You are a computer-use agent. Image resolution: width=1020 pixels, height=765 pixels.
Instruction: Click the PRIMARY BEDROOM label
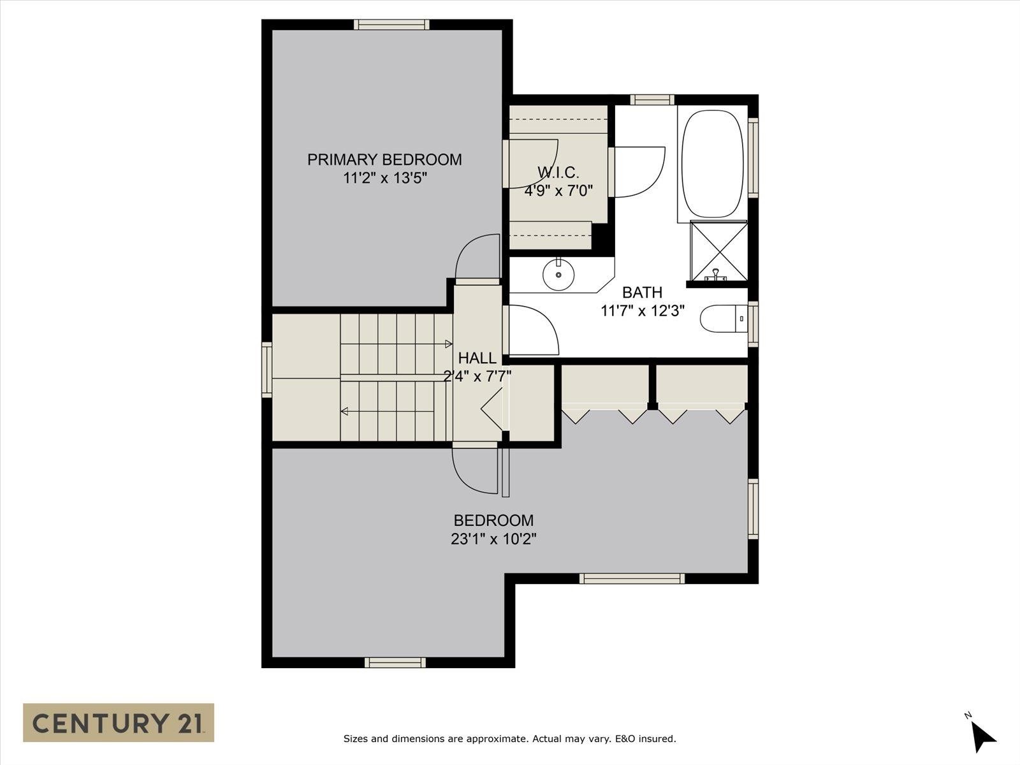pos(384,159)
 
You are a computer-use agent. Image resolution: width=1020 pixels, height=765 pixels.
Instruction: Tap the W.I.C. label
pos(558,172)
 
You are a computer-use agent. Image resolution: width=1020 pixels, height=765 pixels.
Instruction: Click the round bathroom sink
pos(558,275)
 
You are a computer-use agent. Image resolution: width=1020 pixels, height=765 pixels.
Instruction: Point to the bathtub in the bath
pos(712,165)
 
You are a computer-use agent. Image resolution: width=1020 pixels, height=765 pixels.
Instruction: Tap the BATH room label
pos(642,293)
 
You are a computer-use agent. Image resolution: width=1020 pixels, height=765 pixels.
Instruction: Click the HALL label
pos(477,358)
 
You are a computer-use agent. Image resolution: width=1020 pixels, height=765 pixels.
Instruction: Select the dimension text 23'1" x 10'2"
pos(493,539)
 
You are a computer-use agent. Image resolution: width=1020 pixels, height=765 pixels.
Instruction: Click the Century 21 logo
pos(119,723)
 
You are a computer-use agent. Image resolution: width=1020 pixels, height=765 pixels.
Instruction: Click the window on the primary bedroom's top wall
pos(392,25)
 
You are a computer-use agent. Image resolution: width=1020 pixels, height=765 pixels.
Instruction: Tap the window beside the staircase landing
pos(267,370)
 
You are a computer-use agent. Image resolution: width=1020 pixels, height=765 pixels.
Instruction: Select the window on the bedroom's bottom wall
pos(395,662)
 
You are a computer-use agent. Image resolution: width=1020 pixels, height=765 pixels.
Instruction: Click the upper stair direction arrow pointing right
pos(448,344)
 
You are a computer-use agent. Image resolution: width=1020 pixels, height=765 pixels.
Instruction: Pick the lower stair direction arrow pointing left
pos(345,412)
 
